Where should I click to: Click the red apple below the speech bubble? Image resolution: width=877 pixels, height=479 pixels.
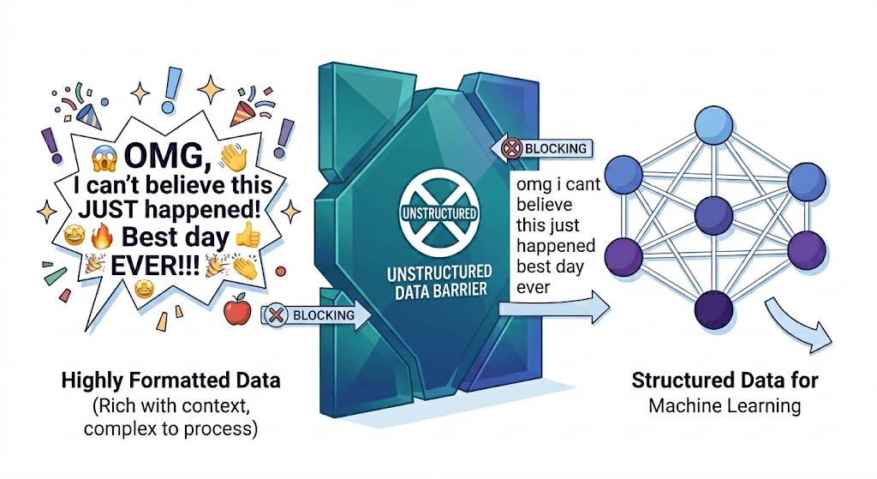[x=235, y=311]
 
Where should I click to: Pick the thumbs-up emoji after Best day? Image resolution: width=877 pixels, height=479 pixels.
[x=246, y=236]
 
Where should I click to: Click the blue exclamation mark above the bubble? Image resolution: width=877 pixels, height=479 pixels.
[x=174, y=82]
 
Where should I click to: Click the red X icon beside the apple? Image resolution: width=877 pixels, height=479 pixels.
[x=276, y=314]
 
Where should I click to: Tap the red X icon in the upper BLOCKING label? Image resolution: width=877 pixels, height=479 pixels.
[x=511, y=148]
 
